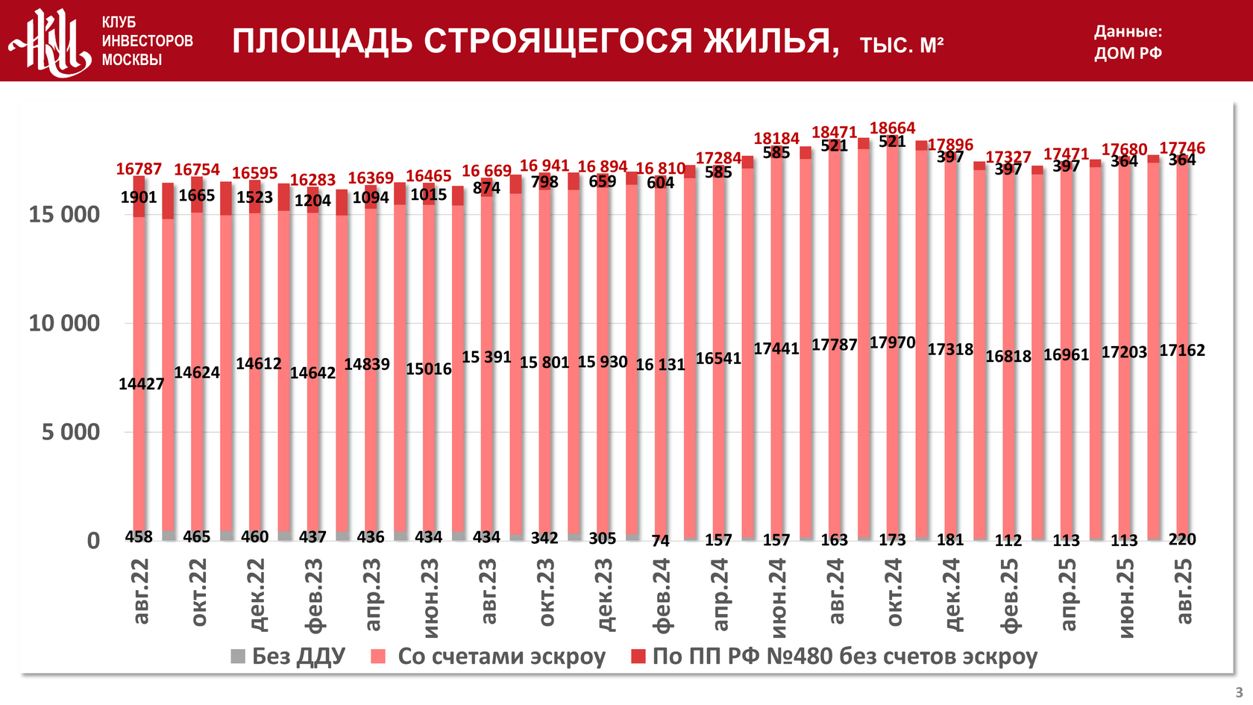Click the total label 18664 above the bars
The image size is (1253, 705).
[892, 128]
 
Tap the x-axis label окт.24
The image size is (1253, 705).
[894, 592]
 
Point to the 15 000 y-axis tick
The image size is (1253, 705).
[64, 215]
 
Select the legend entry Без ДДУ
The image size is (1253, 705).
[289, 657]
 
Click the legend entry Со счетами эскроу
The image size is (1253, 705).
[489, 657]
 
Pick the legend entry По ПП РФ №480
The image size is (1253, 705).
[834, 657]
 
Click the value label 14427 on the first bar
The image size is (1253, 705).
[141, 384]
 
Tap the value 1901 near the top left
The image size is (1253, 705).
[139, 198]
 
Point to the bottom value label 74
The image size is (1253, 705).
[661, 541]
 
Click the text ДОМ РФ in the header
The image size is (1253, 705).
[1128, 54]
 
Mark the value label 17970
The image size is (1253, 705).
[892, 343]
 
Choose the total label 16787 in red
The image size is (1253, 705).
[139, 169]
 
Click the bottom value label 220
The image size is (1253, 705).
[1182, 539]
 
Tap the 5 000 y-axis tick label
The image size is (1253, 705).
[71, 432]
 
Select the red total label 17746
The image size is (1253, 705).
[1182, 148]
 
